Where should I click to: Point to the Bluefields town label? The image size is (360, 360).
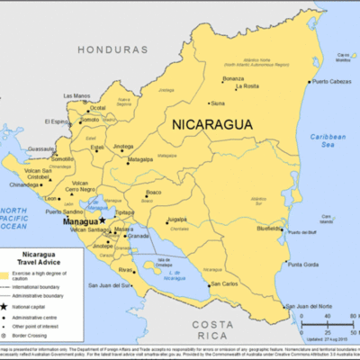click(269, 229)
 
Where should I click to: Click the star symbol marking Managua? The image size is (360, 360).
click(103, 220)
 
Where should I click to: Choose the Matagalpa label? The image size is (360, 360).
click(140, 159)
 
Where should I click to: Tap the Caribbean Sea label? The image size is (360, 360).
click(326, 140)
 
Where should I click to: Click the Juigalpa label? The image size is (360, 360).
click(176, 219)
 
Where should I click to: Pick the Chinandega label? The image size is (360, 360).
click(24, 185)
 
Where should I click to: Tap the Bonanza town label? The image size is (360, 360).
click(233, 78)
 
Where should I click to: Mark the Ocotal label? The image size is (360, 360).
click(98, 108)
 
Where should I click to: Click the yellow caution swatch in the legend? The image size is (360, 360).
click(11, 274)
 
